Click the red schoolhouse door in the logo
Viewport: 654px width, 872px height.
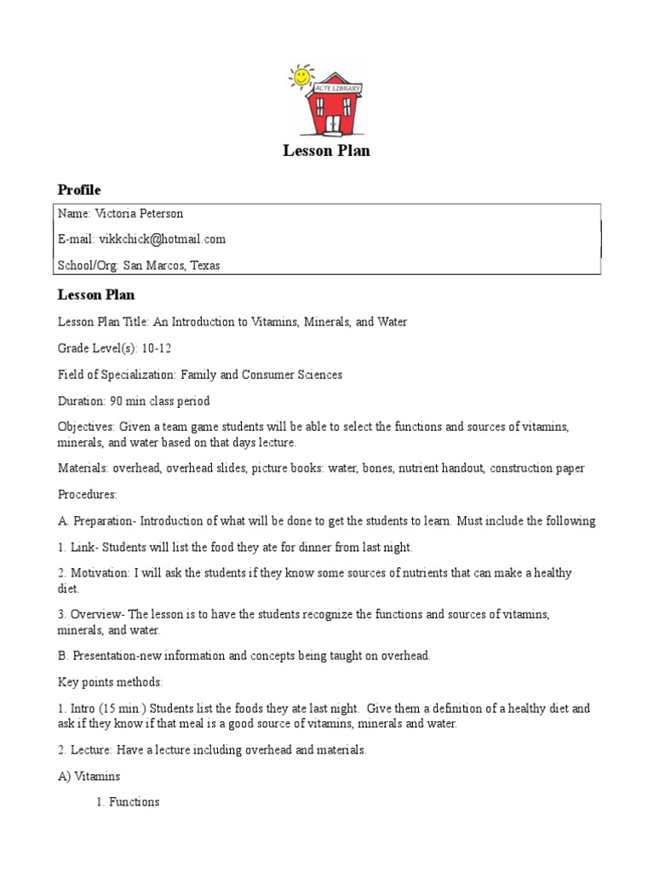[x=333, y=124]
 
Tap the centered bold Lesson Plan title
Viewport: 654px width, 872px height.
[x=326, y=152]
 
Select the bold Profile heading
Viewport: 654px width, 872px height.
[x=79, y=189]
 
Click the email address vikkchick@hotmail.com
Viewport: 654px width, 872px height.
[x=162, y=239]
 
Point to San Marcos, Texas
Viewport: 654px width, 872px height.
[x=171, y=265]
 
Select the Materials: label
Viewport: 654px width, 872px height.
[x=83, y=468]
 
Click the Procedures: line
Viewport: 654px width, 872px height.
[x=87, y=494]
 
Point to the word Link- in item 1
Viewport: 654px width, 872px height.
[x=85, y=547]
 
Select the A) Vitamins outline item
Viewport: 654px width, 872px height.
[x=89, y=776]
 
